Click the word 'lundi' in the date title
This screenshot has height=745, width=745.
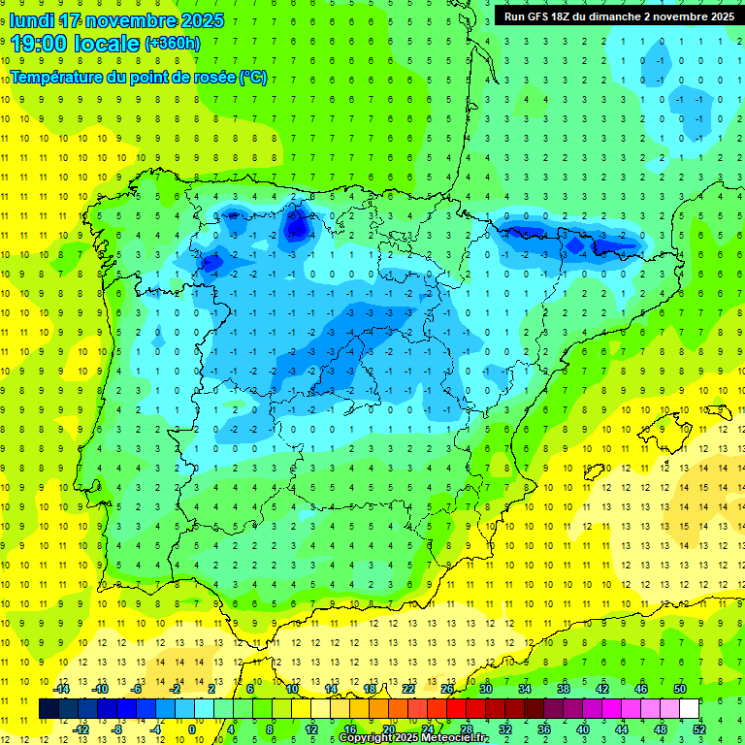(x=31, y=20)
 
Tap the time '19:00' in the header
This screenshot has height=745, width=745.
(x=38, y=43)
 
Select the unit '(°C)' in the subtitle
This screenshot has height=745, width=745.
(x=253, y=77)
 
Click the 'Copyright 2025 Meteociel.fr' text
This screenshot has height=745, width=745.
(x=413, y=738)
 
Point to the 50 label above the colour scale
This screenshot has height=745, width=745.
(x=679, y=689)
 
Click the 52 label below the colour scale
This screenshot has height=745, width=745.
(x=699, y=729)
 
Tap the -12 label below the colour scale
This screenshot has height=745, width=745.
(x=81, y=729)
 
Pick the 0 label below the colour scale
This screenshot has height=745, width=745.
(x=192, y=729)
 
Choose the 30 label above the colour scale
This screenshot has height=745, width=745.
(x=485, y=689)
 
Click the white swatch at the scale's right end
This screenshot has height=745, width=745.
(x=689, y=709)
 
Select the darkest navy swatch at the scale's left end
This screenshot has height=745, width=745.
(x=49, y=709)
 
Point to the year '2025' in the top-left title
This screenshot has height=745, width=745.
(x=202, y=20)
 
